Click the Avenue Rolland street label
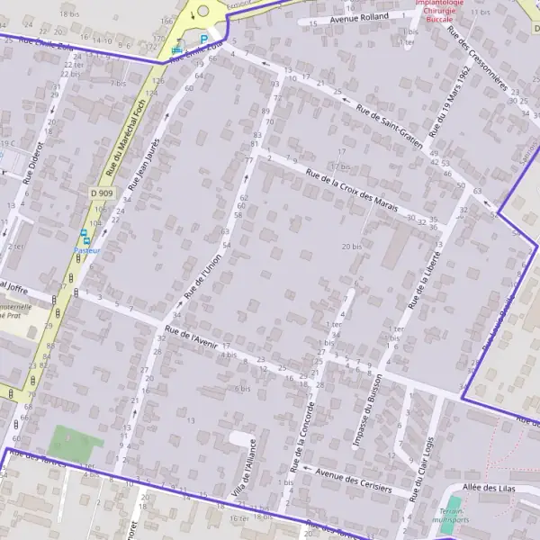pyautogui.click(x=359, y=16)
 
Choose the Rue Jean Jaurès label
pyautogui.click(x=146, y=162)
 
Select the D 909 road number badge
pyautogui.click(x=102, y=193)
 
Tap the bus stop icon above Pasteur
pyautogui.click(x=84, y=235)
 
